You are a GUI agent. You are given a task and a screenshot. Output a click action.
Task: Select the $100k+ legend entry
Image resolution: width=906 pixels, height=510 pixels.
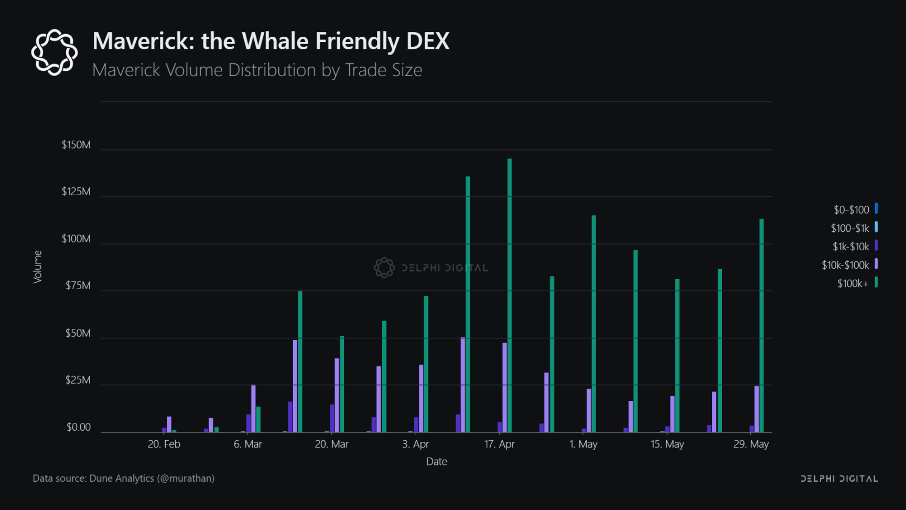tap(853, 284)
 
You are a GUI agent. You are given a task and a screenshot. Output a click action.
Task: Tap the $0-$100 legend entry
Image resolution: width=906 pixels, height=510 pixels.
tap(851, 210)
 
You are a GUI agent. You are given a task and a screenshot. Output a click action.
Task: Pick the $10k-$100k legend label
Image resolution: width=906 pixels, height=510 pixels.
tap(845, 265)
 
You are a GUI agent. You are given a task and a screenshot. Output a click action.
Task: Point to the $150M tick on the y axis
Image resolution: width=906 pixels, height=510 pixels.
tap(76, 145)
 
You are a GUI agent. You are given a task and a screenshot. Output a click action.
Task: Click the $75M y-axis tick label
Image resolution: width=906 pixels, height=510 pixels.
tap(78, 286)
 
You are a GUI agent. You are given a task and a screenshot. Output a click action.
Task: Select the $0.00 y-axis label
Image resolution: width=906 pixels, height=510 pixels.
tap(79, 428)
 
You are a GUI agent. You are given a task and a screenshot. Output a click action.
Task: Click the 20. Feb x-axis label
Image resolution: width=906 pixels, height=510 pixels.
tap(164, 444)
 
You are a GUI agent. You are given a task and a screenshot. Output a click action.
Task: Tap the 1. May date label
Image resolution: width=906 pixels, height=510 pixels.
tap(584, 444)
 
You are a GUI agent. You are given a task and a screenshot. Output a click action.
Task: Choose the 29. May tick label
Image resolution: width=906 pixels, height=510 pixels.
tap(751, 444)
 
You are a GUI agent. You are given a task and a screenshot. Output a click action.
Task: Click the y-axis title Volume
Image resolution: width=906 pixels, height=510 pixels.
tap(38, 267)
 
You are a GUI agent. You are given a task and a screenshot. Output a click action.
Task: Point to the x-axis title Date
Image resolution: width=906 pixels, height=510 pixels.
tap(437, 462)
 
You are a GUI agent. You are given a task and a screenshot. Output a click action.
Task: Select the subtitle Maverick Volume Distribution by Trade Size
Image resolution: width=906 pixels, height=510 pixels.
tap(257, 70)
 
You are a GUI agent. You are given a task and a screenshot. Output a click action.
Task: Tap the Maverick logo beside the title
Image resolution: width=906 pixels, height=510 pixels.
tap(55, 52)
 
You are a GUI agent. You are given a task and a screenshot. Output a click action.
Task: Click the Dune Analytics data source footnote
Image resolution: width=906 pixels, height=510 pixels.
tap(124, 479)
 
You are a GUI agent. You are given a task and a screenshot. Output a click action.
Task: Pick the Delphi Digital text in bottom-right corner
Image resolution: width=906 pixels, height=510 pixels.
tap(839, 479)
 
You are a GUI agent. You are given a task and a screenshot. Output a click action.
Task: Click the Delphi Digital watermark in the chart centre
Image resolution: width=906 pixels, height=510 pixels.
tap(431, 268)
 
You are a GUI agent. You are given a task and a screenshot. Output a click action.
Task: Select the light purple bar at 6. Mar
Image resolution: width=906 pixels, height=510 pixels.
tap(253, 409)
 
